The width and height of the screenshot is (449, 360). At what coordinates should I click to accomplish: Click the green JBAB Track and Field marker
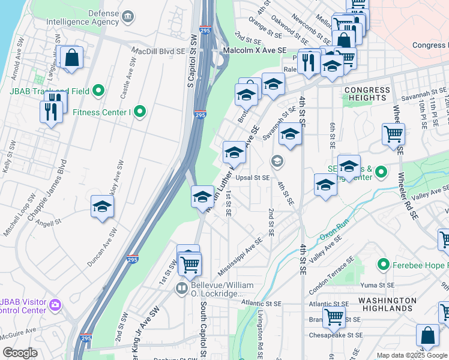click(99, 91)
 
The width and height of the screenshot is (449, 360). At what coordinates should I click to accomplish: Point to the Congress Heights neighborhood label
click(366, 93)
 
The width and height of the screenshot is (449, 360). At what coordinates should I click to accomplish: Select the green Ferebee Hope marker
click(382, 265)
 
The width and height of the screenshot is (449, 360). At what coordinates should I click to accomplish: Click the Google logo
click(20, 353)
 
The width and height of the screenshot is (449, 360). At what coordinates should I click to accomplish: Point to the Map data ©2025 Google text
click(412, 355)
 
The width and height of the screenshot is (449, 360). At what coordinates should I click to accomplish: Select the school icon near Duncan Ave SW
click(103, 207)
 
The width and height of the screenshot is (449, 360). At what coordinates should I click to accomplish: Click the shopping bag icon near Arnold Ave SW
click(71, 58)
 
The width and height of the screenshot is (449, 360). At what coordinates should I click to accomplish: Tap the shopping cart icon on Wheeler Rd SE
click(393, 134)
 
